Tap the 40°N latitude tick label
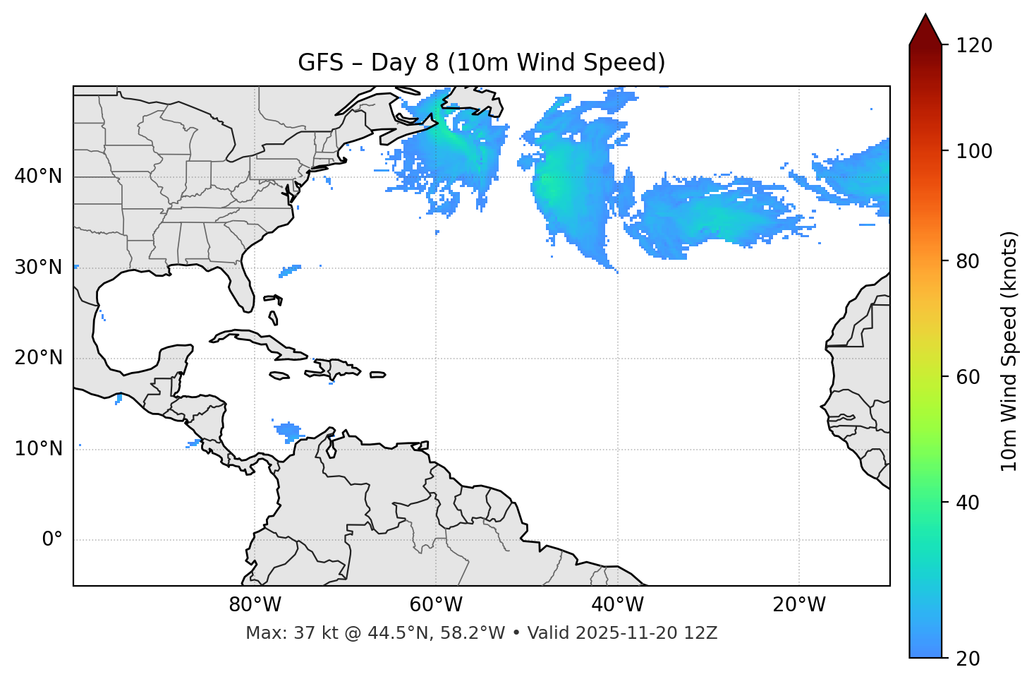pos(38,176)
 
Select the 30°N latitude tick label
pos(38,268)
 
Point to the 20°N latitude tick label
pos(38,358)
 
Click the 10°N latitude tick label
pos(38,449)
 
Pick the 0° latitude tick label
pos(52,540)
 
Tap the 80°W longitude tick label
pos(255,605)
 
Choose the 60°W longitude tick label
pos(436,605)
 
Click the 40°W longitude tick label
pos(617,605)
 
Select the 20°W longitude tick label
pos(798,605)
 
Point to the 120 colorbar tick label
pos(974,46)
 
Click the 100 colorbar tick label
pos(974,151)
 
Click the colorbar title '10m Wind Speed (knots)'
pos(1009,351)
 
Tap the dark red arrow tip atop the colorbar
pos(925,28)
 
